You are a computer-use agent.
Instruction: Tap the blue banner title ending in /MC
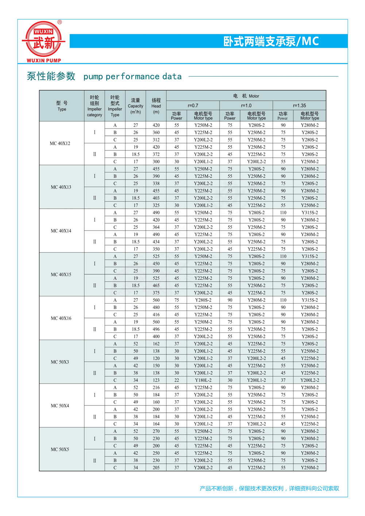[x=271, y=41]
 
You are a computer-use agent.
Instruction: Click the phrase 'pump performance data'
[x=132, y=77]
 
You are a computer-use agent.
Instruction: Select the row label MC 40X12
[x=60, y=143]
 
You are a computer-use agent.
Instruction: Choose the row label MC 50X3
[x=60, y=362]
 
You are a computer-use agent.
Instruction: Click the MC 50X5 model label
[x=60, y=449]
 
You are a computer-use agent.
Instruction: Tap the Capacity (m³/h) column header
[x=135, y=106]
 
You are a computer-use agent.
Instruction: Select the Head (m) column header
[x=156, y=106]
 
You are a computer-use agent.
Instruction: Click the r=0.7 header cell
[x=193, y=105]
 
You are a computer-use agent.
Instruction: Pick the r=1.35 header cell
[x=299, y=105]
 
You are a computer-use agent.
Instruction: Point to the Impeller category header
[x=94, y=106]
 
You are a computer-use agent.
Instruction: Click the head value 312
[x=156, y=140]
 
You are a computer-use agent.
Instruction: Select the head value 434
[x=156, y=242]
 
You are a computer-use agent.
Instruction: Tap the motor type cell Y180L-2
[x=203, y=380]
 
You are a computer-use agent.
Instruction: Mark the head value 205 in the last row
[x=156, y=467]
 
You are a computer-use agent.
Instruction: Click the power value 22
[x=177, y=380]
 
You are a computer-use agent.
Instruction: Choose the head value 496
[x=156, y=329]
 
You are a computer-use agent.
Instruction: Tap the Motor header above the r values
[x=246, y=96]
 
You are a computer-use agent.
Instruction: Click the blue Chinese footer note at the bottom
[x=269, y=488]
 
